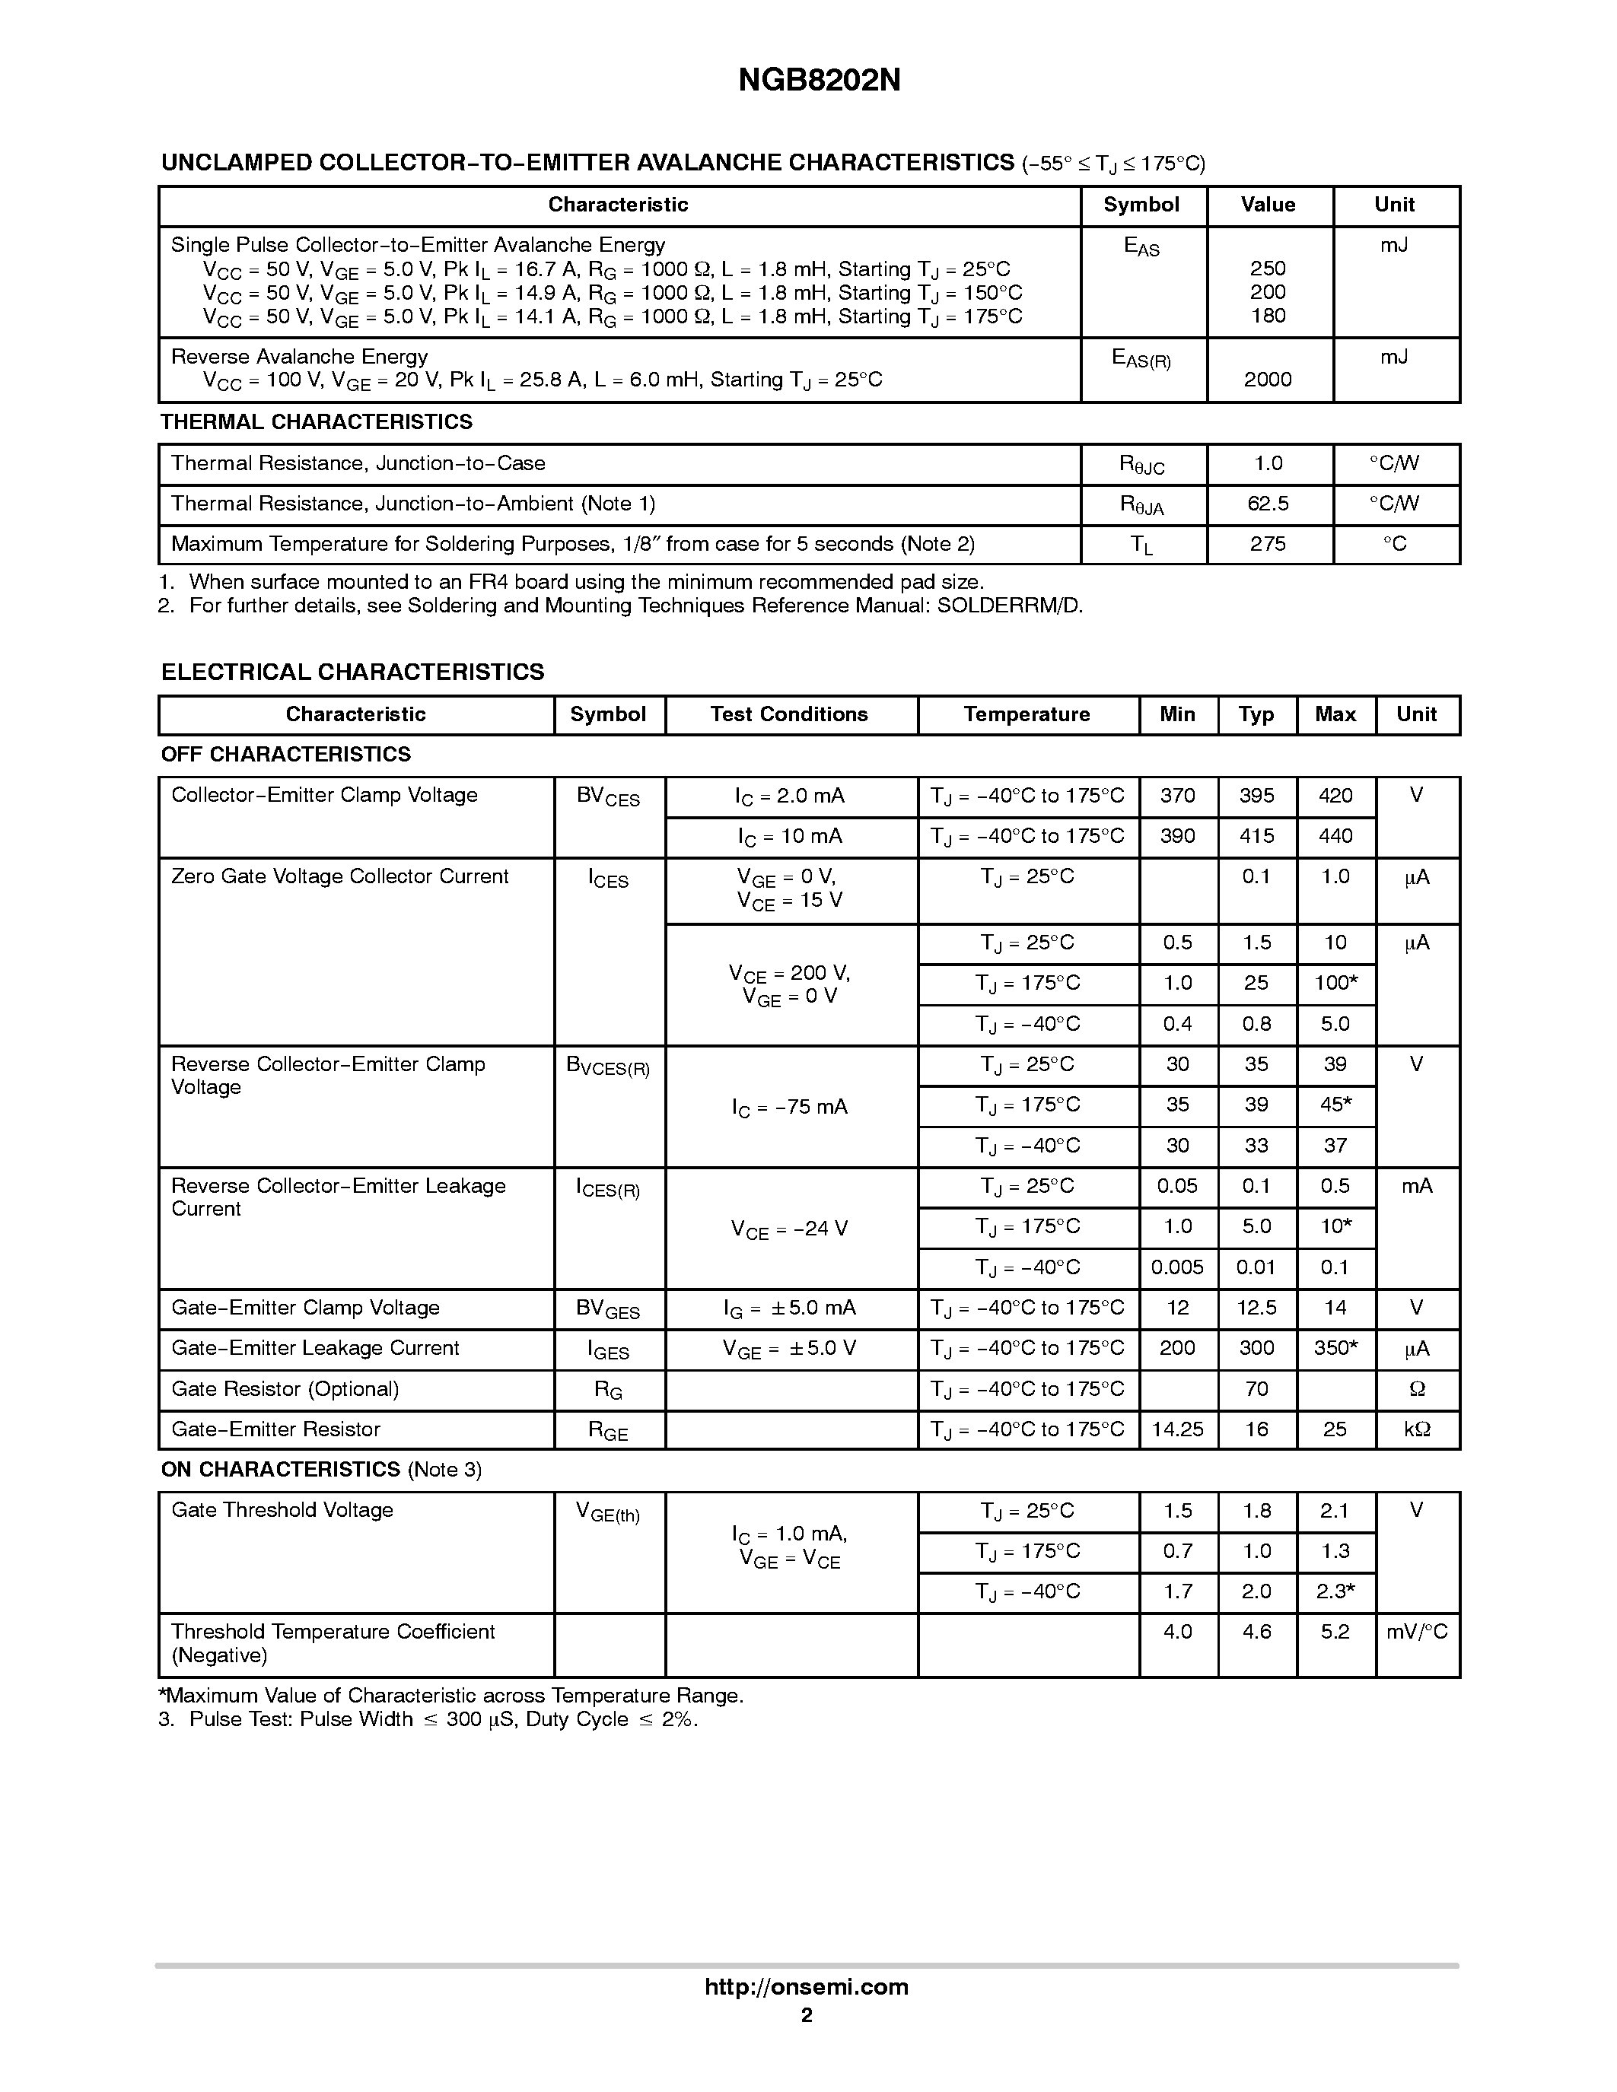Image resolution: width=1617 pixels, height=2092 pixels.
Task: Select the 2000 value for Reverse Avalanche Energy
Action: pos(1268,380)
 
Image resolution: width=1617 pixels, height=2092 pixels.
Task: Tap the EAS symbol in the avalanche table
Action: pos(1141,246)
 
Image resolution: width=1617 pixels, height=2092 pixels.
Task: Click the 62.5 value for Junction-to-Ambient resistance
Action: pos(1268,503)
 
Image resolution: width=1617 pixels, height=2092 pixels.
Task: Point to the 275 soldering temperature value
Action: pos(1268,543)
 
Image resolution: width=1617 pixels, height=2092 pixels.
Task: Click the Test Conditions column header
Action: pos(788,714)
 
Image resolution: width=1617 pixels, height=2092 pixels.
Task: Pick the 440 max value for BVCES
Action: pos(1335,835)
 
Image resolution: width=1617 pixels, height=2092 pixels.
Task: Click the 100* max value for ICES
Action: pos(1335,983)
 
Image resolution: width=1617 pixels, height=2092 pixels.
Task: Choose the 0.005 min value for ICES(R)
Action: pos(1177,1267)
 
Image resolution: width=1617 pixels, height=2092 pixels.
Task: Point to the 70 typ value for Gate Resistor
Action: pos(1256,1388)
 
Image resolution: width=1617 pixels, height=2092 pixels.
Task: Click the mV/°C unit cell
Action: pos(1417,1630)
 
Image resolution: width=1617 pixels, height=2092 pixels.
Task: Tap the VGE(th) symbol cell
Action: pos(607,1512)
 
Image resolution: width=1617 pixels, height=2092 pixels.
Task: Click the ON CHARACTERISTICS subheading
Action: pos(281,1468)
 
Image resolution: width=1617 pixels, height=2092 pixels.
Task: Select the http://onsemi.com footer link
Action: pos(807,1986)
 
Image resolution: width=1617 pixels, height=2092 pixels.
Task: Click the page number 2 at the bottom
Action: pos(807,2014)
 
